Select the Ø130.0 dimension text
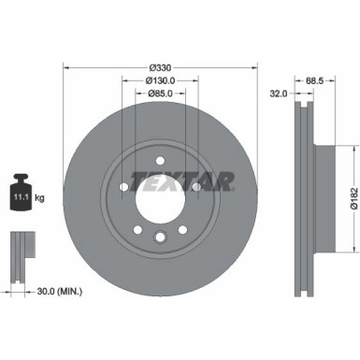[x=159, y=81]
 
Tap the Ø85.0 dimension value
[x=159, y=94]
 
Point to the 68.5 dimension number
[x=315, y=81]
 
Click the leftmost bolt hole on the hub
[x=122, y=186]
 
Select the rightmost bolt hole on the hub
[x=196, y=186]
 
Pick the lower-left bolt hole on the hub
[x=137, y=229]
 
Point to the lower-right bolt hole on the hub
[x=182, y=229]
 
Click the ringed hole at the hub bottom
[x=160, y=238]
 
